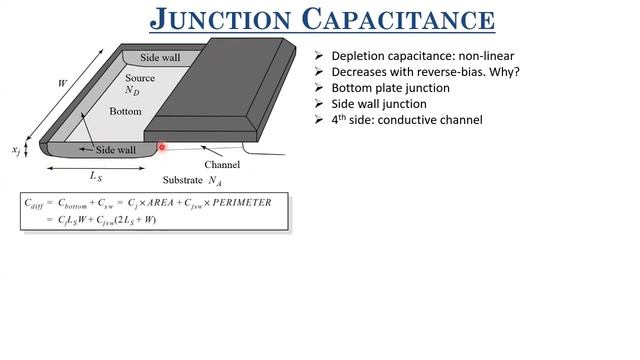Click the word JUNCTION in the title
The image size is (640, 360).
[223, 19]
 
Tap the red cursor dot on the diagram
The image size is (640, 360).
[162, 147]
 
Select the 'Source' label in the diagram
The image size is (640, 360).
[140, 78]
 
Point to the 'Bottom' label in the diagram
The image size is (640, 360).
[126, 111]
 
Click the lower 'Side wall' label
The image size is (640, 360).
[116, 150]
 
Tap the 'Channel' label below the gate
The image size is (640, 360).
[222, 164]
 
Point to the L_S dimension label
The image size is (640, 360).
[96, 176]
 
